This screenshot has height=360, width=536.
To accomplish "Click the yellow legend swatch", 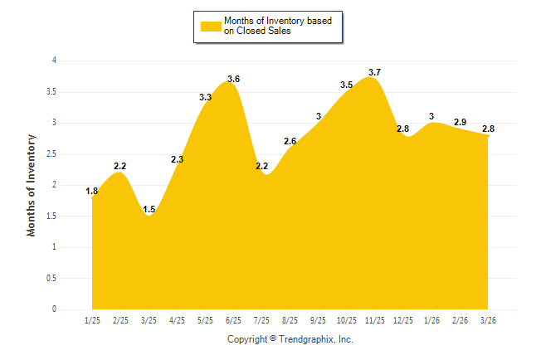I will tap(211, 26).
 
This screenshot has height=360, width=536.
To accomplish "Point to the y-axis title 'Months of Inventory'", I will tap(32, 185).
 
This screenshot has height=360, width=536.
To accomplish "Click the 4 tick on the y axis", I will tap(54, 61).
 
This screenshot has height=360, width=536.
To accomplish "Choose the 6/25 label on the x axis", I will tap(233, 320).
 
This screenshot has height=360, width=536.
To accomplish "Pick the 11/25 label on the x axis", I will tap(374, 320).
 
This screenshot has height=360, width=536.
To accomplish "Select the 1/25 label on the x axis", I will tap(92, 320).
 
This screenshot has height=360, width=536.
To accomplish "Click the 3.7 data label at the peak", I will tap(374, 72).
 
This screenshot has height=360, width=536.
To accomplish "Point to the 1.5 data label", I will tap(149, 210).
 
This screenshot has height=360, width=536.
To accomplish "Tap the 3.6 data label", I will tap(233, 79).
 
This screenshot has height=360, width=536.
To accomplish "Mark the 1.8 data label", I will tap(92, 192).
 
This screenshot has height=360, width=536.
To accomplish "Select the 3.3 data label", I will tap(206, 97).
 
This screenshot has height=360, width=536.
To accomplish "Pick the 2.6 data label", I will tap(290, 141).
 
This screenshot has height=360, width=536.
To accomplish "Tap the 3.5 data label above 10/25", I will tap(346, 85).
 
